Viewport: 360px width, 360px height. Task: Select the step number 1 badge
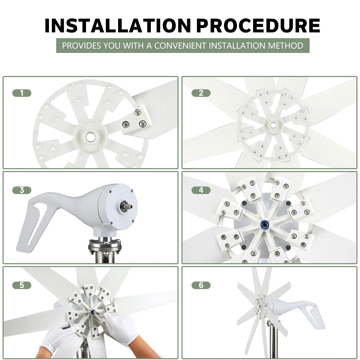click(x=22, y=93)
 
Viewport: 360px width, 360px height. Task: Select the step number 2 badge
click(x=201, y=93)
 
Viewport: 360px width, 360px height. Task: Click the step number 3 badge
click(x=22, y=190)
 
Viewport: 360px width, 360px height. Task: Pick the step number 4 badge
click(x=201, y=190)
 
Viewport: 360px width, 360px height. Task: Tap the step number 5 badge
click(x=22, y=285)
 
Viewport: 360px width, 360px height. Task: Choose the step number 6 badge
click(x=201, y=285)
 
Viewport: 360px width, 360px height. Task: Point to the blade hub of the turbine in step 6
click(x=261, y=302)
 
